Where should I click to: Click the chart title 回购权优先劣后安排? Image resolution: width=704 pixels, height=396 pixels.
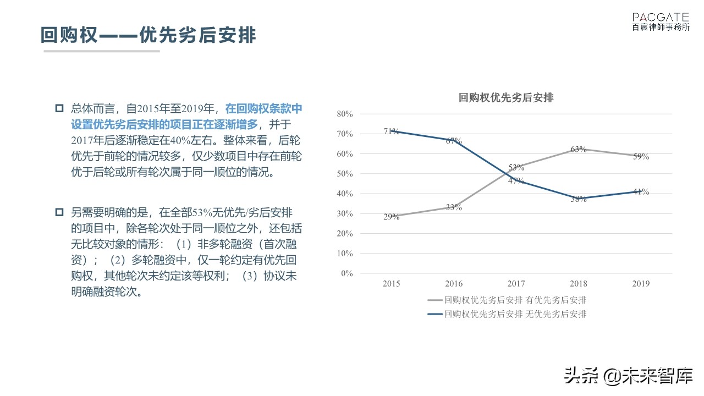click(x=506, y=98)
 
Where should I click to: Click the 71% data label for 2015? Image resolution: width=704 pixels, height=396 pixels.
click(x=391, y=131)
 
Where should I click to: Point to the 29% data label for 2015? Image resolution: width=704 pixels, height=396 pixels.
click(x=391, y=217)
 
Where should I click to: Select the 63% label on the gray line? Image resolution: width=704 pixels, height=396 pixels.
click(x=579, y=149)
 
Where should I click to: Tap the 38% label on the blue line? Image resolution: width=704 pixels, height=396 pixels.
click(x=579, y=199)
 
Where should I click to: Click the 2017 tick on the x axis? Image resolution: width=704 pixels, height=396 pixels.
click(x=516, y=284)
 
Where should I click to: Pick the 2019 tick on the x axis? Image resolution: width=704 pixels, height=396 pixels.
click(x=641, y=284)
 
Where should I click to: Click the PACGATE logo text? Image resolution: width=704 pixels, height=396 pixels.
click(x=661, y=18)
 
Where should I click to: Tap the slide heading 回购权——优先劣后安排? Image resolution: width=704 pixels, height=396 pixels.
click(x=148, y=35)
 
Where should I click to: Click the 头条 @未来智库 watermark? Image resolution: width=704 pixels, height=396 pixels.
click(x=627, y=376)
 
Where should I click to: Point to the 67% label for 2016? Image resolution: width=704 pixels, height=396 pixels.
click(x=454, y=141)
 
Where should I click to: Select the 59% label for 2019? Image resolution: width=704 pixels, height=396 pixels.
click(x=641, y=157)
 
